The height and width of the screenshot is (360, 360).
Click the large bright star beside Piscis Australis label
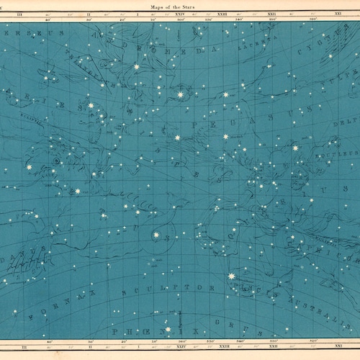click(231, 276)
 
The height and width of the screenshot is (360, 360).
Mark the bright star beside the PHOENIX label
click(167, 329)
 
